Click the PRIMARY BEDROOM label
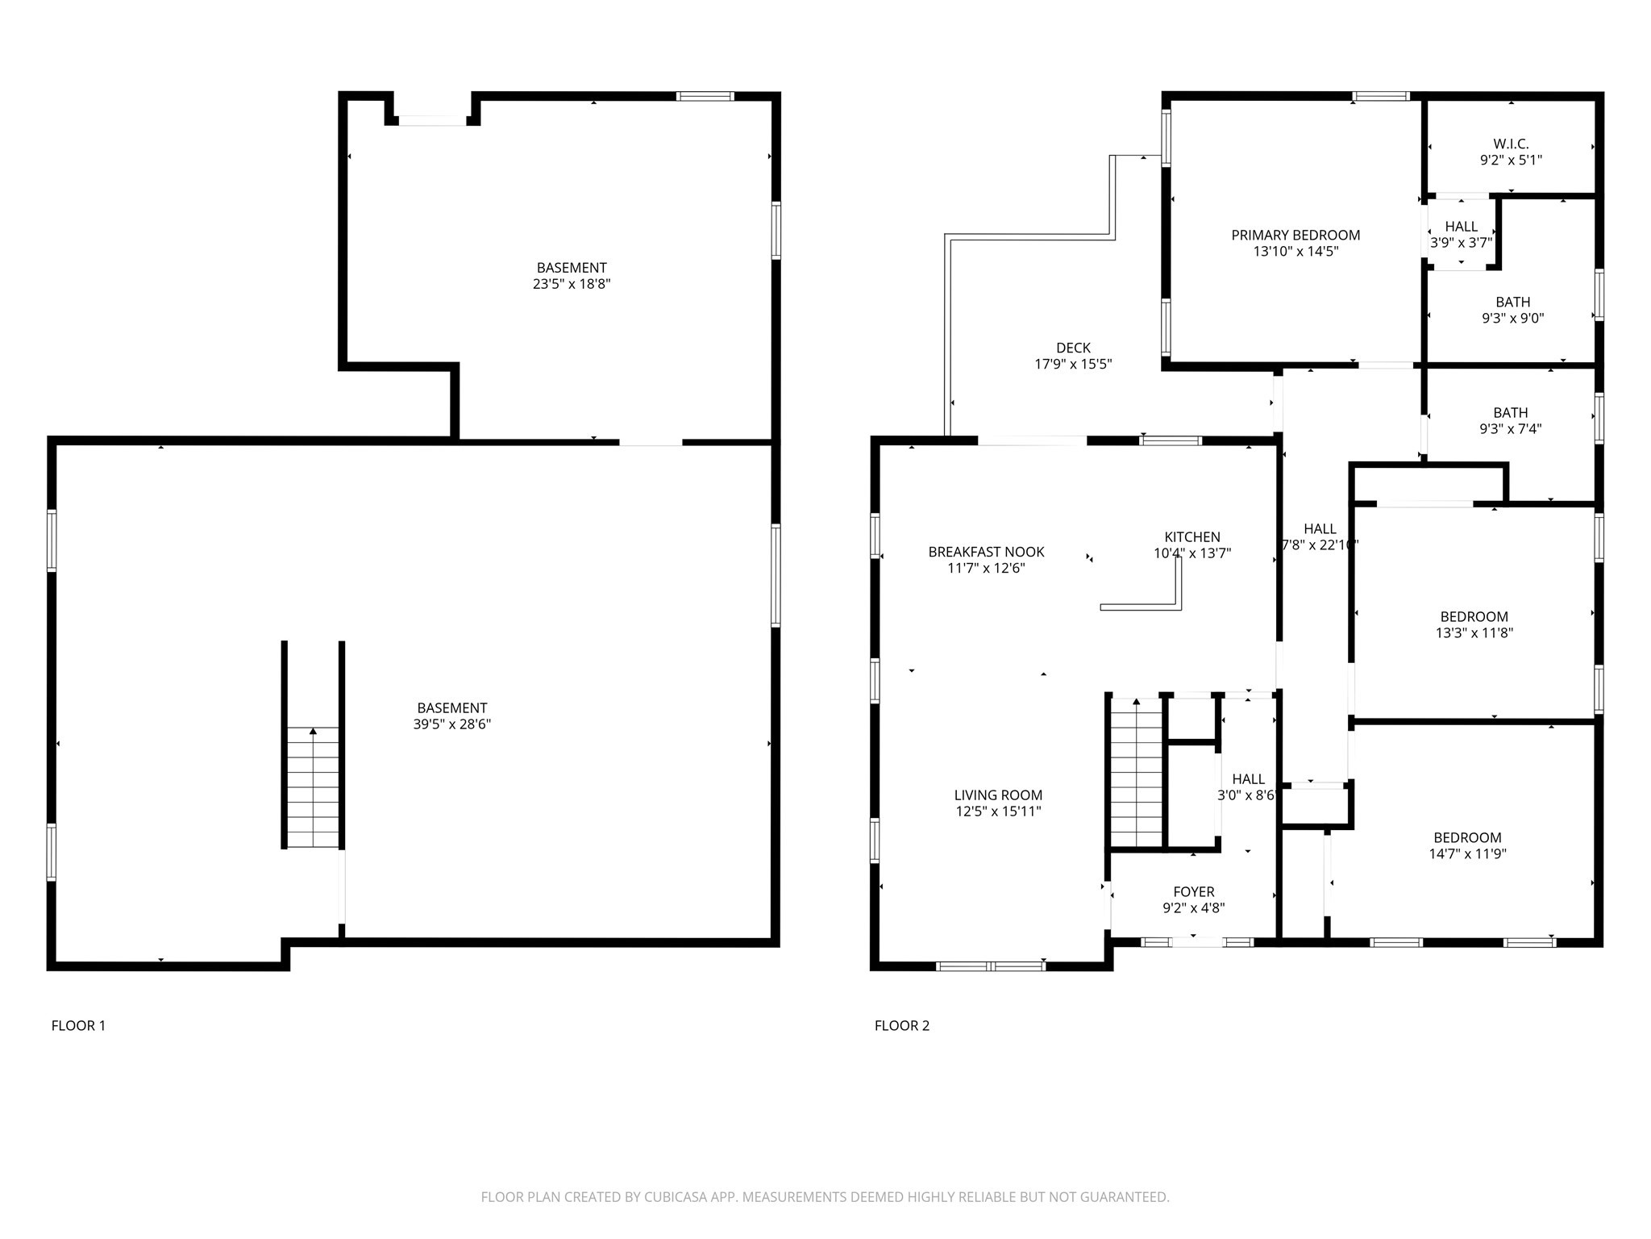(1295, 235)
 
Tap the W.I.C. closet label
(1511, 144)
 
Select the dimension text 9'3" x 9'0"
(1512, 318)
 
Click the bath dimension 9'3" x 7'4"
(1510, 429)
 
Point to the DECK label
(1073, 348)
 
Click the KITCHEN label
(1192, 537)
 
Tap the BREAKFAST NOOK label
(986, 552)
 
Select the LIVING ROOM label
(998, 795)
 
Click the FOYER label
(1193, 892)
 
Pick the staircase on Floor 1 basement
(313, 786)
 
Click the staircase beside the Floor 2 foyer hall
(1136, 773)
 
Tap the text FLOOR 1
(78, 1026)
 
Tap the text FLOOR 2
(902, 1026)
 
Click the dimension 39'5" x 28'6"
(451, 724)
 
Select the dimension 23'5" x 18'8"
(572, 284)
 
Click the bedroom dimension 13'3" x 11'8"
(1474, 633)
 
